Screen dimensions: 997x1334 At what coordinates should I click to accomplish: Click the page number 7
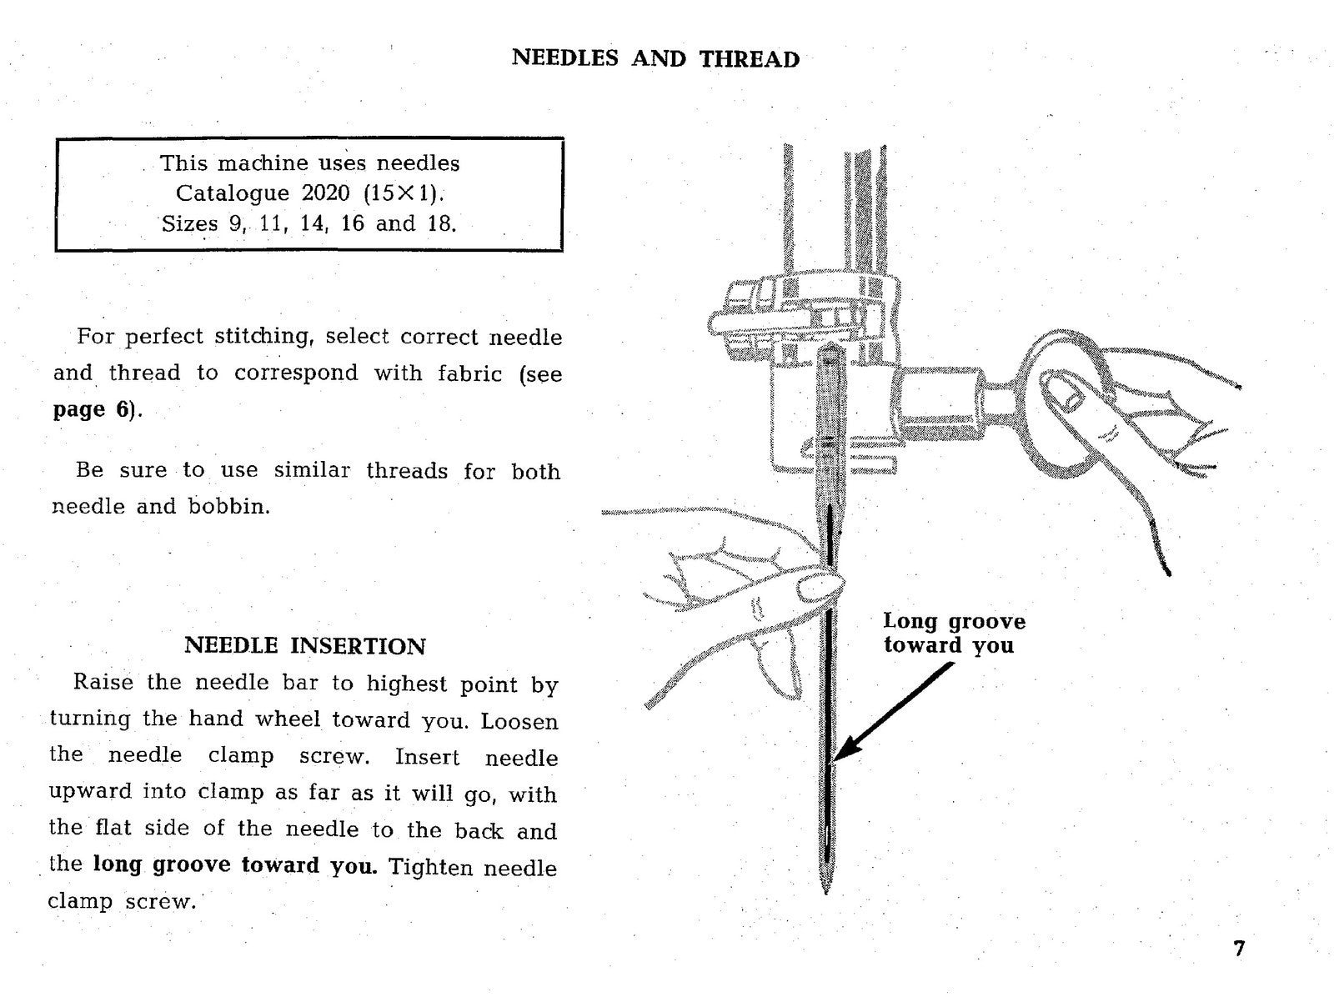1239,949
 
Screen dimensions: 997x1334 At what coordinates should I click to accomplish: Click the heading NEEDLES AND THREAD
655,59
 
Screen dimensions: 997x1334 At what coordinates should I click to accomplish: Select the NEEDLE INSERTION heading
304,646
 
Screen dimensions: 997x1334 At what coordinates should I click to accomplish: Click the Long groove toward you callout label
953,633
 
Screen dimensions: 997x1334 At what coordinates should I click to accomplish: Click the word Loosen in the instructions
519,720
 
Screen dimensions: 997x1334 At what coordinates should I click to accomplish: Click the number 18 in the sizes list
441,223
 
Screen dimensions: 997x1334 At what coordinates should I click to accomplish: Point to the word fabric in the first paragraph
469,373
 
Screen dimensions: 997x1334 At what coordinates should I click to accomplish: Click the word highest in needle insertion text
409,684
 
